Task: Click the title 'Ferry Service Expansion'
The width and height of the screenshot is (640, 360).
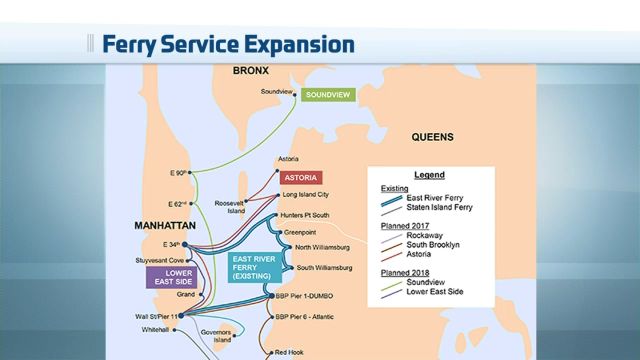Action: pyautogui.click(x=228, y=45)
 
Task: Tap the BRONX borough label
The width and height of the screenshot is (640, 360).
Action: pyautogui.click(x=254, y=71)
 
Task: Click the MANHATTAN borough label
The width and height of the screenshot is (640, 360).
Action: pyautogui.click(x=164, y=226)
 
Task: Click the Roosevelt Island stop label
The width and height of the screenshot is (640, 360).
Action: pyautogui.click(x=229, y=207)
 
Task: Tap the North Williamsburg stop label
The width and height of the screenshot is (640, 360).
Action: pyautogui.click(x=322, y=248)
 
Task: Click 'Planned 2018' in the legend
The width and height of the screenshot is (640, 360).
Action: pyautogui.click(x=407, y=270)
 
